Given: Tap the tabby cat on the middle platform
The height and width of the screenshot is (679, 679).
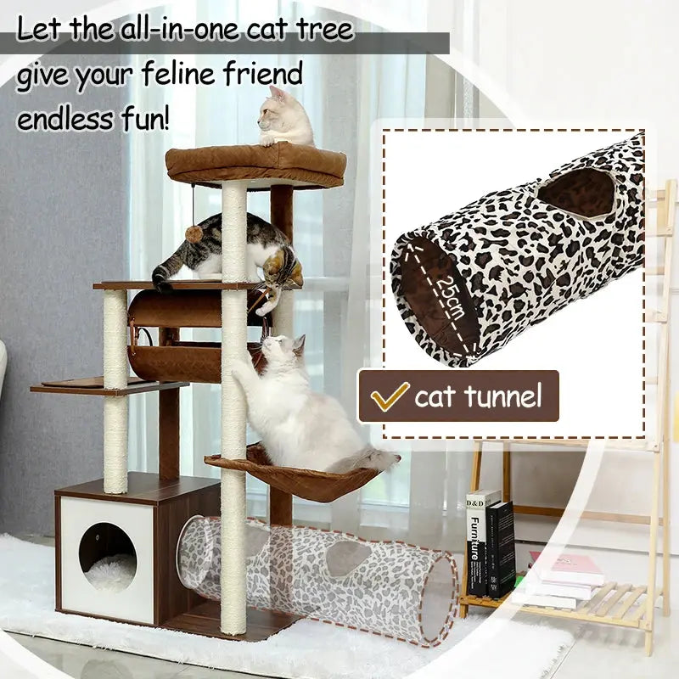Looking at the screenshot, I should pyautogui.click(x=229, y=250).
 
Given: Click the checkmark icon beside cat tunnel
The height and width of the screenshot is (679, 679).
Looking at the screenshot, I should pyautogui.click(x=389, y=396).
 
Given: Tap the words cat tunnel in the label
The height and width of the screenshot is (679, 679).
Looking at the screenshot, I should pyautogui.click(x=477, y=396).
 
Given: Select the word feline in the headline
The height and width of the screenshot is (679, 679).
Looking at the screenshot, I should pyautogui.click(x=174, y=76).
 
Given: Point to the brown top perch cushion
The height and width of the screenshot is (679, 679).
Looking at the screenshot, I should pyautogui.click(x=255, y=164).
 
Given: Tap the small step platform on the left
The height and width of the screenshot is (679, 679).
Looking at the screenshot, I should pyautogui.click(x=85, y=386).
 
